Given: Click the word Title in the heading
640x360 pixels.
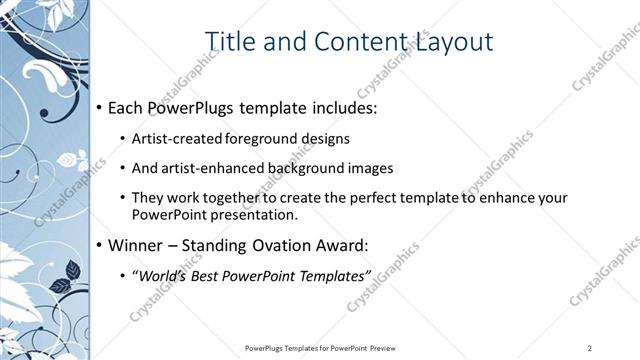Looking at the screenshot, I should point(229,41).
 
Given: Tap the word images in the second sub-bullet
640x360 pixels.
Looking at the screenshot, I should point(371,168).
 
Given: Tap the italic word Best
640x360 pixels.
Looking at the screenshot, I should point(203,275).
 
